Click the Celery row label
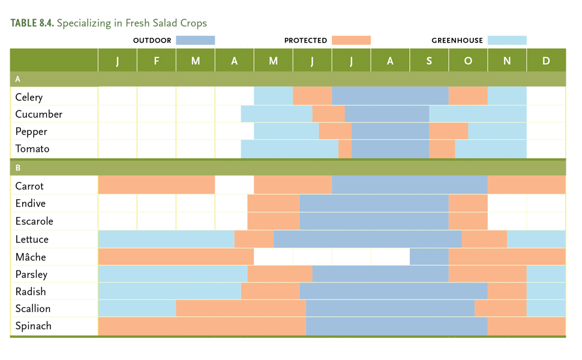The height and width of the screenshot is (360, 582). click(x=29, y=97)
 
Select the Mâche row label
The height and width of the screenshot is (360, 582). click(x=31, y=257)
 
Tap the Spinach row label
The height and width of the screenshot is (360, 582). click(x=33, y=326)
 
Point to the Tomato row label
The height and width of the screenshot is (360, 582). click(x=32, y=149)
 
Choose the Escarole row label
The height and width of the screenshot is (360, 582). click(x=34, y=221)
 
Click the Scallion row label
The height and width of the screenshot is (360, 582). click(x=33, y=309)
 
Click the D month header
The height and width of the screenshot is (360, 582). click(x=546, y=61)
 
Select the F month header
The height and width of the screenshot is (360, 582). click(x=157, y=61)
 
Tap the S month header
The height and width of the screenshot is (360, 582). click(x=429, y=61)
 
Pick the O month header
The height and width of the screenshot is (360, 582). click(x=468, y=61)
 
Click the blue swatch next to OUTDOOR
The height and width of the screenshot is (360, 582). click(x=195, y=40)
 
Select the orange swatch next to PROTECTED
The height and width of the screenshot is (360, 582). click(x=351, y=40)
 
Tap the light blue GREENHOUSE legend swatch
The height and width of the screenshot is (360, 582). click(x=507, y=40)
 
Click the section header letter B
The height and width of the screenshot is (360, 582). click(x=18, y=168)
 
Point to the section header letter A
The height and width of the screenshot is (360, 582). click(x=18, y=79)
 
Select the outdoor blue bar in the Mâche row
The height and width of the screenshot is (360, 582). click(x=429, y=257)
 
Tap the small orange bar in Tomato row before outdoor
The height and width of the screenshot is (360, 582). click(x=345, y=149)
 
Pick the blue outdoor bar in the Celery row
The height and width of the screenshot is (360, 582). click(x=390, y=97)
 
